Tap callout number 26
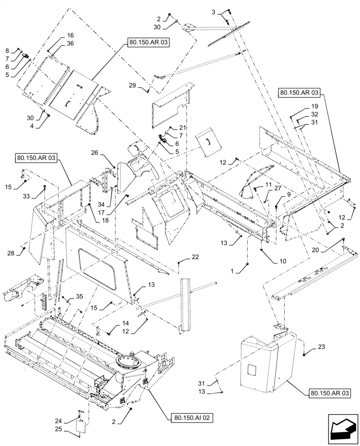pos(94,153)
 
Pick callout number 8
pos(7,50)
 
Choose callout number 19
pos(315,107)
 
